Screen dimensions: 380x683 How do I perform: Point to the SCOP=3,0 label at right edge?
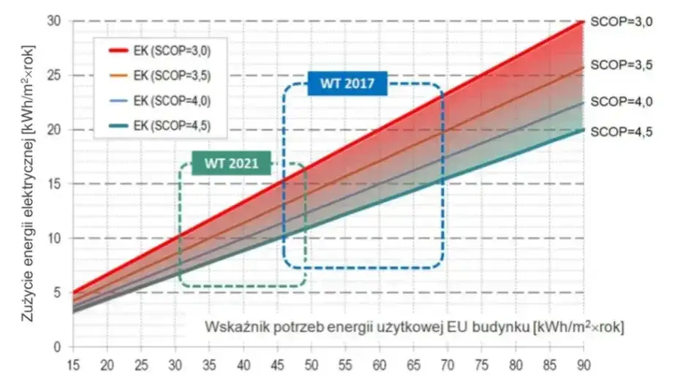622,22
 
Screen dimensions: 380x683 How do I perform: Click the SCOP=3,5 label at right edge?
622,64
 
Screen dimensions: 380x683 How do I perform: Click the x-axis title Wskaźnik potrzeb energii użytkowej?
415,326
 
